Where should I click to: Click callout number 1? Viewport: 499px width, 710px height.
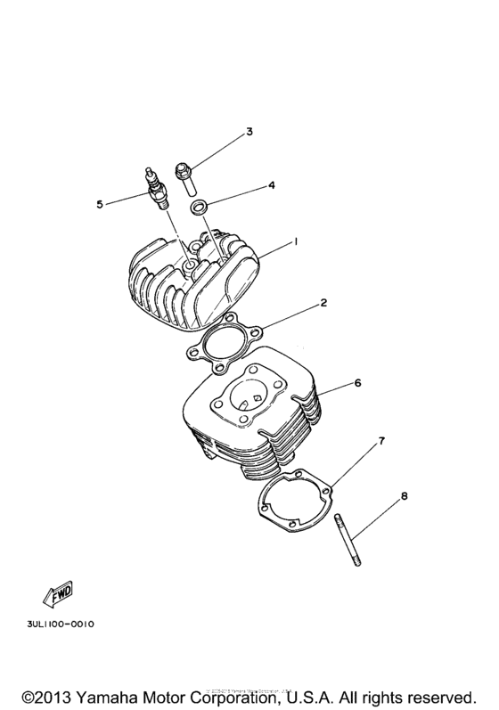point(295,241)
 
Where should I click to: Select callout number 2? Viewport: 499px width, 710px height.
point(324,303)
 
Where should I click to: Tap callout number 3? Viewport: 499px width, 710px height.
point(250,132)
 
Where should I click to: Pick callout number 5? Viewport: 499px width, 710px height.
point(100,204)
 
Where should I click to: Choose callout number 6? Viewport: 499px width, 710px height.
point(357,383)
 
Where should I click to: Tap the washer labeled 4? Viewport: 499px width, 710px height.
point(202,208)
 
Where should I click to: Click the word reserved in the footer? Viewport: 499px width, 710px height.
point(435,693)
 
